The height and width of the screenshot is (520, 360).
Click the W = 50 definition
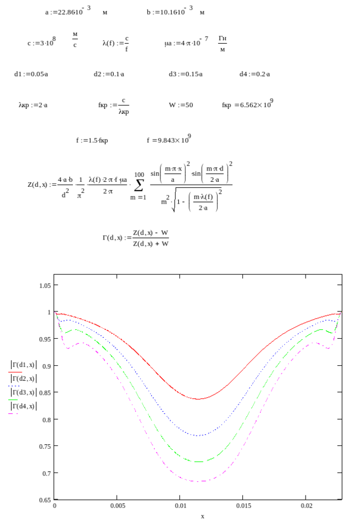pos(181,105)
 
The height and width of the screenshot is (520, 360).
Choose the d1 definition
pos(31,74)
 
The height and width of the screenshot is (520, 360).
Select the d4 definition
pos(255,74)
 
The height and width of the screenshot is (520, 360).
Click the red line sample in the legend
pos(15,372)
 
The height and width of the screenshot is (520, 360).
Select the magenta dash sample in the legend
pos(15,413)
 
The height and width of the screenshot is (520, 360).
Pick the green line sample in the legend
pos(15,399)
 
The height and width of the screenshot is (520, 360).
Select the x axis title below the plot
pos(202,516)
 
